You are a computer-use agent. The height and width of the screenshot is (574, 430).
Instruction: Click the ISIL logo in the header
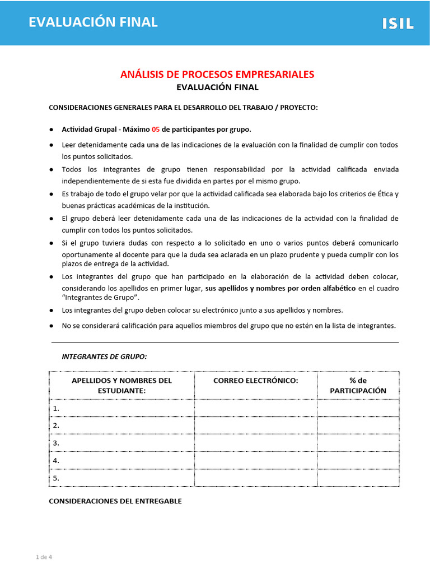tap(398, 23)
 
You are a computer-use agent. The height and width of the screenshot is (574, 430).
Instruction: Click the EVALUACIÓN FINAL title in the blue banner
tap(93, 22)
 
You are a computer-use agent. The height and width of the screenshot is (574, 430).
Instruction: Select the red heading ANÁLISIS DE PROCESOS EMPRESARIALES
tap(217, 75)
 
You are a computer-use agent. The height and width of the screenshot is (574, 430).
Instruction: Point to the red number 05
tap(156, 129)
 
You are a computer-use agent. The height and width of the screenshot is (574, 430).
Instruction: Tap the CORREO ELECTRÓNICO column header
tap(255, 381)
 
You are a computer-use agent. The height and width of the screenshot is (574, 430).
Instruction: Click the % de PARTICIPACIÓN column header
tap(358, 385)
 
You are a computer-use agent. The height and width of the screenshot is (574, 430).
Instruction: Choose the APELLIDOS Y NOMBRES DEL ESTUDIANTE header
tap(121, 385)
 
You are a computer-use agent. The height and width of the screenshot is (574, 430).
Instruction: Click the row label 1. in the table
tap(56, 409)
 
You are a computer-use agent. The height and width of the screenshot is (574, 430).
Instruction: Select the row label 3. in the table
tap(56, 443)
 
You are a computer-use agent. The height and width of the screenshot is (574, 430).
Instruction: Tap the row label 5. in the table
tap(56, 478)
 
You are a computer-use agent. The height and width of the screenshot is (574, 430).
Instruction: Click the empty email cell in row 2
tap(255, 425)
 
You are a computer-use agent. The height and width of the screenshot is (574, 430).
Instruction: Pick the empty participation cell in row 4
tap(358, 461)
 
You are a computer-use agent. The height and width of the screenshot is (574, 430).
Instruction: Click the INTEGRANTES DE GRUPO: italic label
tap(104, 357)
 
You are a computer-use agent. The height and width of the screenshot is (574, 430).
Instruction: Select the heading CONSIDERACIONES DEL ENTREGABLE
tap(115, 501)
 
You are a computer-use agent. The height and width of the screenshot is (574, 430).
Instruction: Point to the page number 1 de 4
tap(44, 557)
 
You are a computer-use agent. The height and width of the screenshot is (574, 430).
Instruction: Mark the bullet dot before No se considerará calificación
tap(52, 326)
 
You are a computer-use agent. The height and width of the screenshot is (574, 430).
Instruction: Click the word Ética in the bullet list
tap(386, 194)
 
